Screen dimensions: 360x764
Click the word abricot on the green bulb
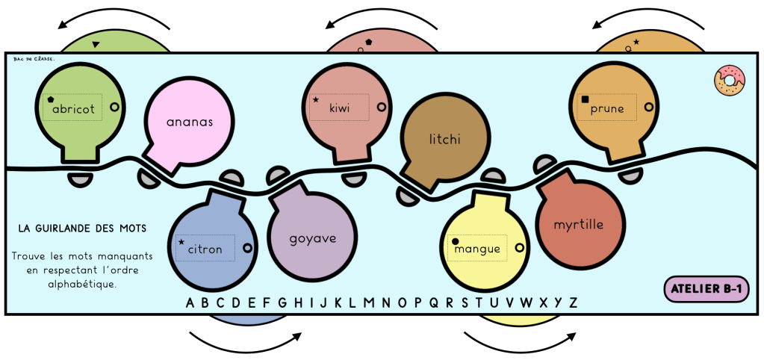click(74, 109)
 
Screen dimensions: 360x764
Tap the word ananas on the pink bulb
click(190, 122)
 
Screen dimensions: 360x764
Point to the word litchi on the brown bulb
click(446, 139)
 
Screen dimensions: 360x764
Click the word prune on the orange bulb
click(607, 108)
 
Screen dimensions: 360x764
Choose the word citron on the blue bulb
click(205, 249)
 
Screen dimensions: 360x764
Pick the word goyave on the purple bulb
click(313, 239)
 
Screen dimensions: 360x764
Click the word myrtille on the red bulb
click(579, 224)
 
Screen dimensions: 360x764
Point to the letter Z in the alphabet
click(574, 302)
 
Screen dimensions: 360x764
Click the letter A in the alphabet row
click(190, 302)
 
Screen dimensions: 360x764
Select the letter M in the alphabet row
click(368, 302)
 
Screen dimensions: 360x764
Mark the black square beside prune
click(585, 100)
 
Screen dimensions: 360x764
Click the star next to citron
click(181, 242)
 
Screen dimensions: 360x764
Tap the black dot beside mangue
click(455, 241)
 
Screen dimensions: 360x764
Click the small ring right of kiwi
click(382, 108)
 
